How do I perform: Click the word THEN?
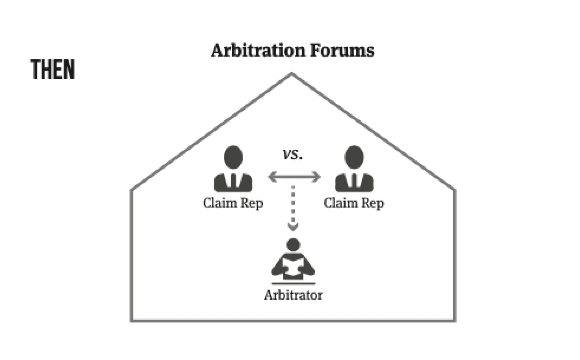pyautogui.click(x=53, y=69)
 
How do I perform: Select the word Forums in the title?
pyautogui.click(x=342, y=50)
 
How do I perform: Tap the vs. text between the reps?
pyautogui.click(x=293, y=154)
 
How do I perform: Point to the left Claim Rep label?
pyautogui.click(x=233, y=203)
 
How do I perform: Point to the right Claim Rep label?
pyautogui.click(x=354, y=203)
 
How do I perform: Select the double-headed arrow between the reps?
pyautogui.click(x=294, y=177)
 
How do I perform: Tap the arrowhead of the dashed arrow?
pyautogui.click(x=293, y=227)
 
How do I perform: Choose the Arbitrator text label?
pyautogui.click(x=293, y=295)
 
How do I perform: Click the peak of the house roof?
pyautogui.click(x=292, y=74)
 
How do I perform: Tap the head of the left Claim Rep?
pyautogui.click(x=233, y=157)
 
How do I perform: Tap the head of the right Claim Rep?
pyautogui.click(x=354, y=157)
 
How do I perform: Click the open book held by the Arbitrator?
pyautogui.click(x=293, y=267)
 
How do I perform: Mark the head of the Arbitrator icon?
pyautogui.click(x=293, y=245)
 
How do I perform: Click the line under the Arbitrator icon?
pyautogui.click(x=293, y=284)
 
